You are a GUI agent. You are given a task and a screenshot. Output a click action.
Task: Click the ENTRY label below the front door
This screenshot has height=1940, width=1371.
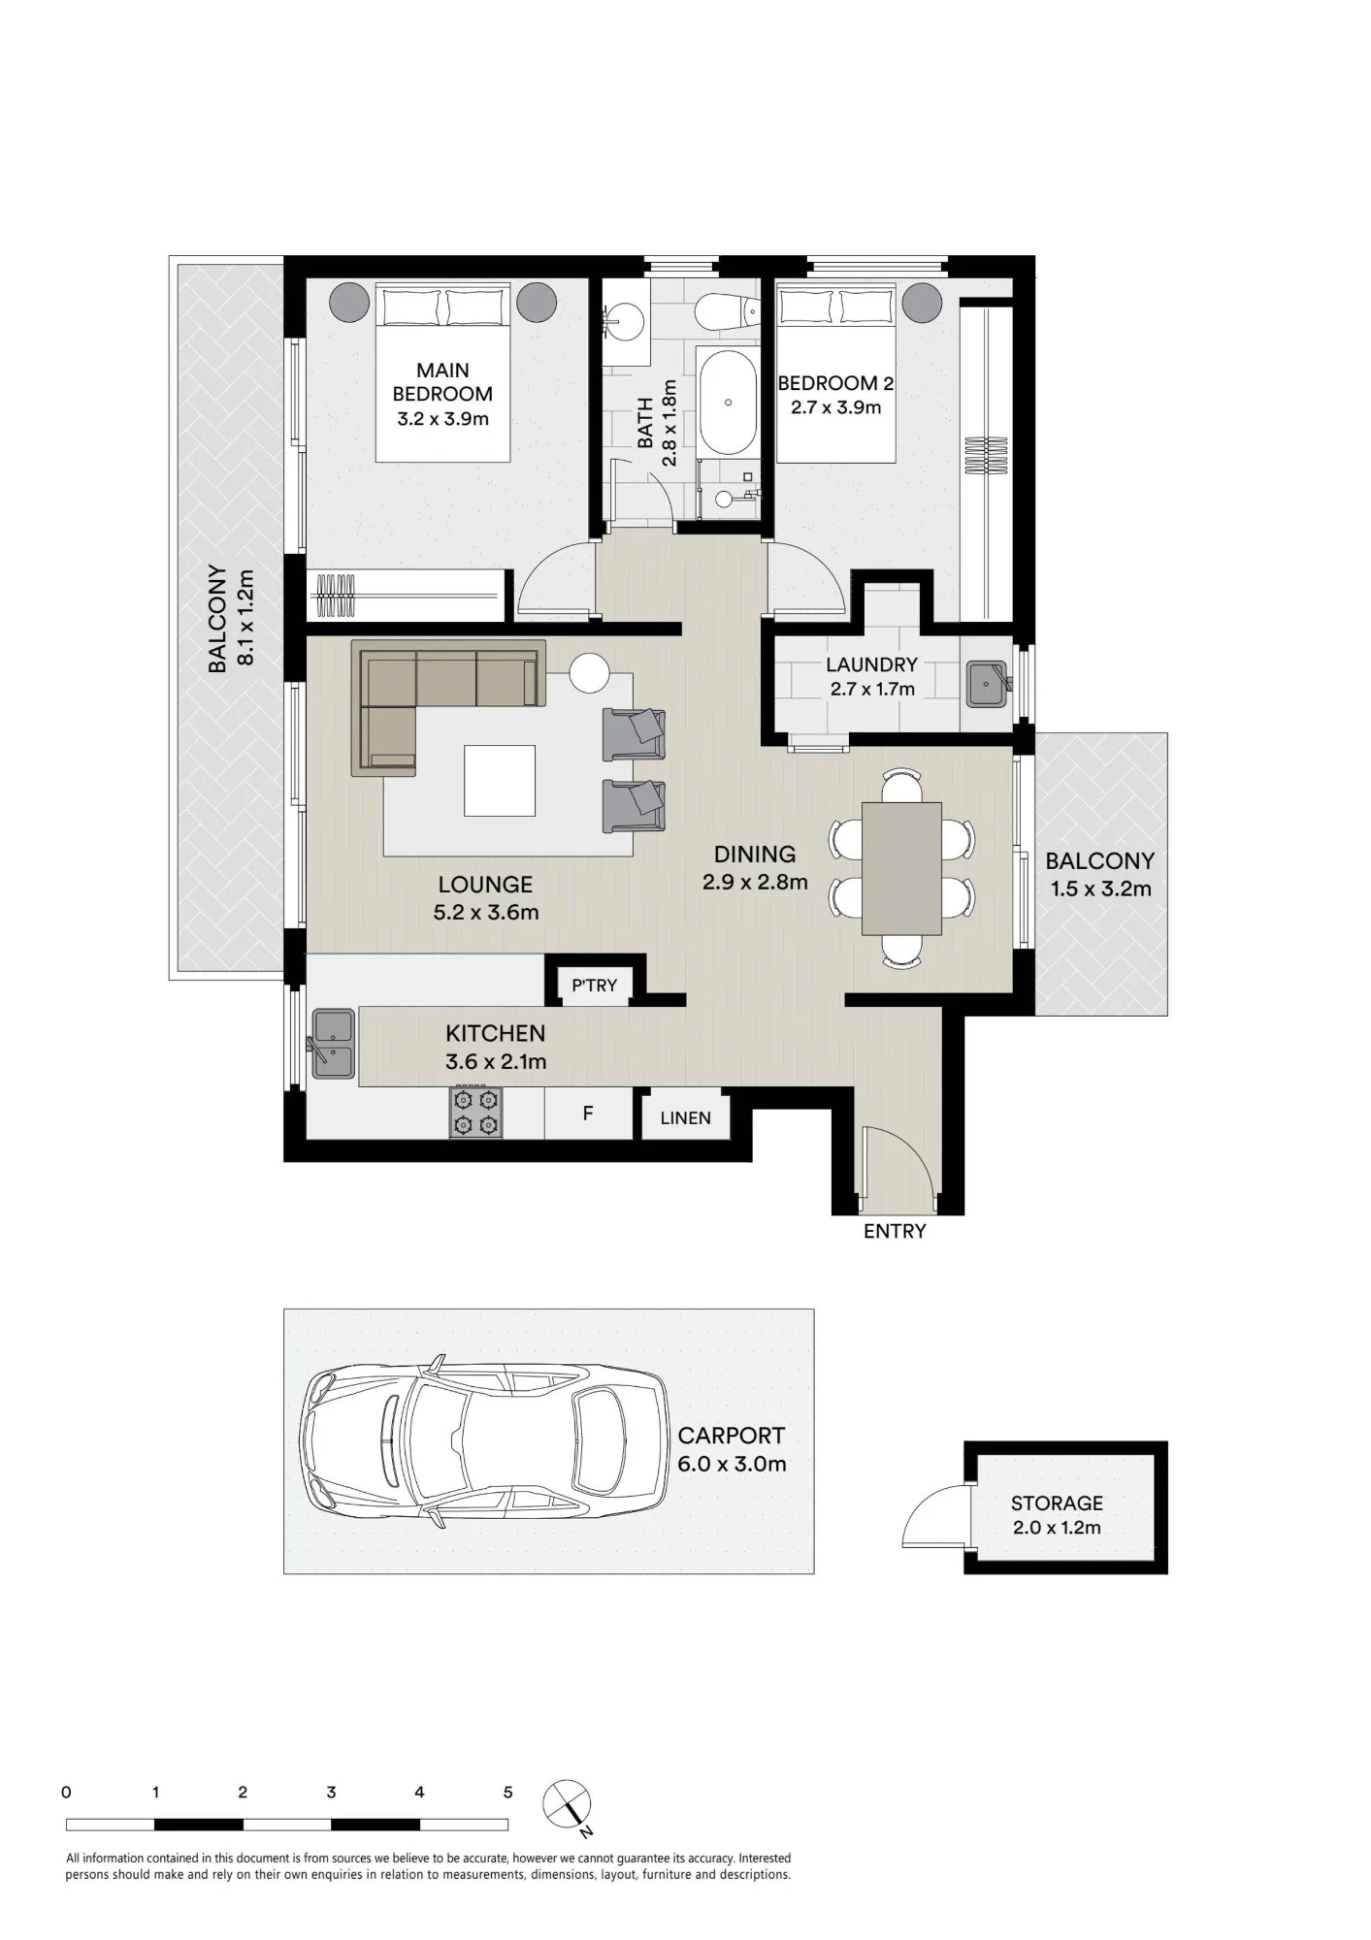click(x=895, y=1231)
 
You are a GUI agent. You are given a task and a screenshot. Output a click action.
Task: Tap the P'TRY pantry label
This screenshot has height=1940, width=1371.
click(x=594, y=986)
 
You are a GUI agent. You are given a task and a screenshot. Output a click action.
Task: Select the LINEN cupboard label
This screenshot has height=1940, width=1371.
click(x=685, y=1118)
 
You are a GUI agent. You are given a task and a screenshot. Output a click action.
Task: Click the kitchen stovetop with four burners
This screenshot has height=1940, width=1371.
click(x=475, y=1112)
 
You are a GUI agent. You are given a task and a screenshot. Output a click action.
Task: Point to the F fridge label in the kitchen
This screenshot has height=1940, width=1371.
click(x=588, y=1114)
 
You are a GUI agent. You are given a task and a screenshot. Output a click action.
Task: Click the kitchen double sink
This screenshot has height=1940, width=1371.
click(x=333, y=1044)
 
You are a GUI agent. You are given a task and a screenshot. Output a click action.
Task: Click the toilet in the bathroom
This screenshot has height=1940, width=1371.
click(x=728, y=310)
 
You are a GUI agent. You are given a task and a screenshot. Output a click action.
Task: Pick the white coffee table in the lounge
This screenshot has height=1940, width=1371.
click(x=500, y=781)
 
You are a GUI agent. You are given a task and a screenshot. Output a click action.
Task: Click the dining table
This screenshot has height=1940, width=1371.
click(x=901, y=868)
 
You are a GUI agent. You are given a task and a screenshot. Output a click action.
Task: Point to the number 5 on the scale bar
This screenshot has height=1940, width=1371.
click(x=507, y=1793)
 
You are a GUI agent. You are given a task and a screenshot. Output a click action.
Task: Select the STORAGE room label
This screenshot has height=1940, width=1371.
click(x=1057, y=1503)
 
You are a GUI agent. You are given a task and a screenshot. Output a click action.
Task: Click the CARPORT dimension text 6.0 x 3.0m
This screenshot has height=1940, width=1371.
click(x=732, y=1464)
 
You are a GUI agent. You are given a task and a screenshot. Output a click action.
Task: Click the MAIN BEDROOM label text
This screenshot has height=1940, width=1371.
click(x=442, y=382)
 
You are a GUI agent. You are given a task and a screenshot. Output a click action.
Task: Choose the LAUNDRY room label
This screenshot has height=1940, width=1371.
click(x=871, y=664)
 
